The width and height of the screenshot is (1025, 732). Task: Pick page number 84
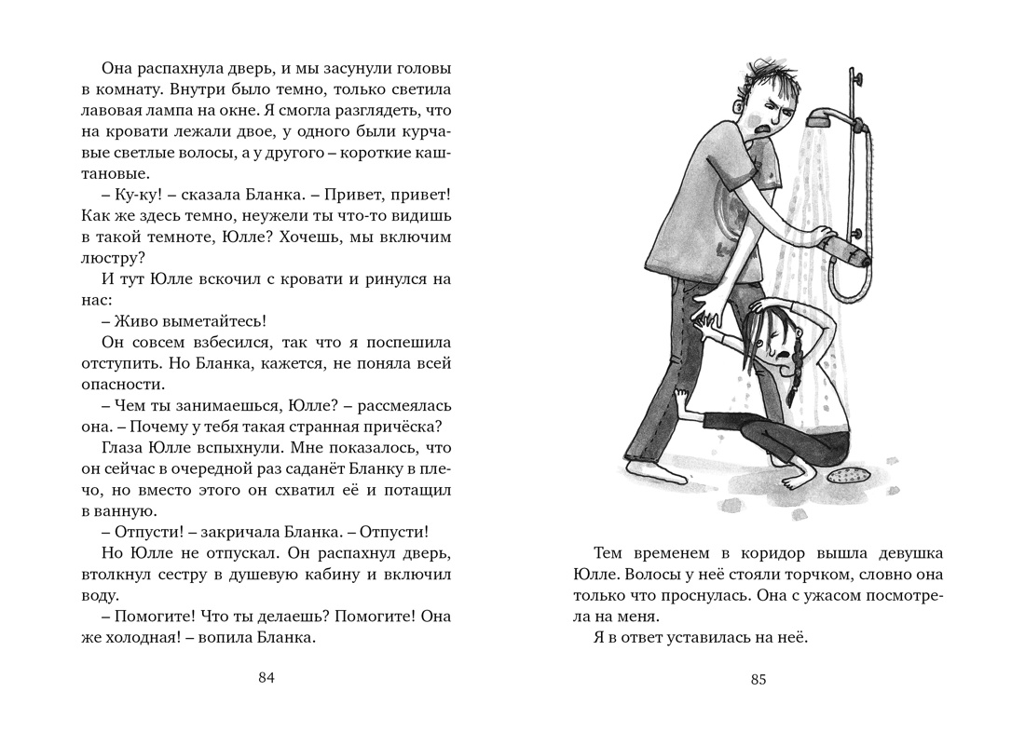[x=266, y=678]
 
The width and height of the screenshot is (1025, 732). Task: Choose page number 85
[x=758, y=679]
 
